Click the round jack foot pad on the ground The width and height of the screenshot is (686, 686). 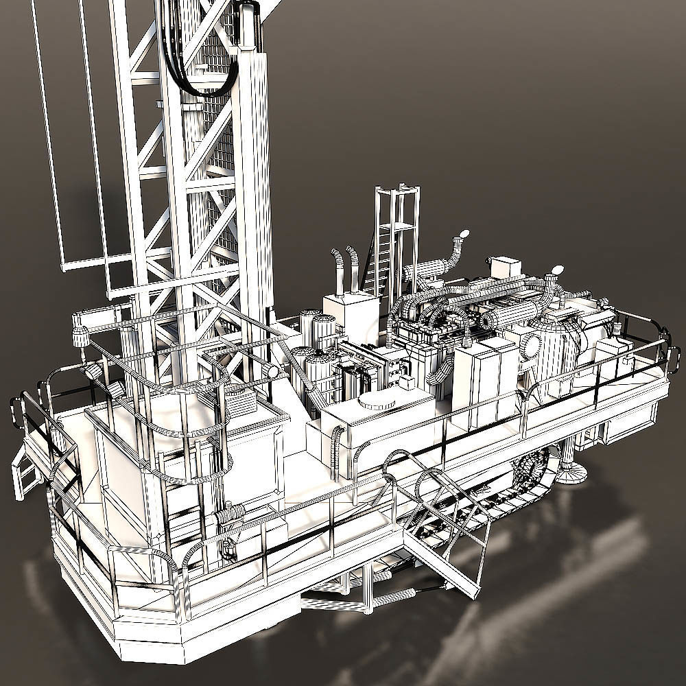click(x=571, y=472)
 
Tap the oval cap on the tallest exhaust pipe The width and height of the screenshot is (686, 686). click(x=464, y=235)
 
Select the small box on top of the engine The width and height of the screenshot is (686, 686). click(x=506, y=265)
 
